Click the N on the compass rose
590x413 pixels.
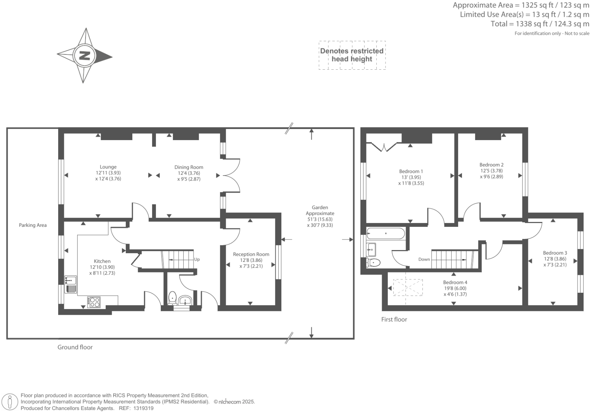point(84,56)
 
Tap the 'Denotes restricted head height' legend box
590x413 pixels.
point(352,55)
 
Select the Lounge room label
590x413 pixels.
point(108,167)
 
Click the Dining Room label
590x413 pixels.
point(189,167)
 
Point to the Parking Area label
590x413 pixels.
point(33,225)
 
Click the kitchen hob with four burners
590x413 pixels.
point(94,302)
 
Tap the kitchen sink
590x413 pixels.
point(71,281)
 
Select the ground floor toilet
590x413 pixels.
point(173,297)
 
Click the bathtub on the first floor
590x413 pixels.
point(385,233)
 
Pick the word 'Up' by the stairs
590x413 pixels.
point(197,260)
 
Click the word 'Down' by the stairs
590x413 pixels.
point(424,260)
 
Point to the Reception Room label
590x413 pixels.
point(251,254)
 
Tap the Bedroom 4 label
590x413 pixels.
point(455,282)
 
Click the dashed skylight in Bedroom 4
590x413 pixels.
point(408,287)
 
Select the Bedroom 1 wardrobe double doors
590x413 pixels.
point(384,147)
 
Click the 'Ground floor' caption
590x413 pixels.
point(75,347)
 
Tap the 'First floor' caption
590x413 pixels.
point(394,320)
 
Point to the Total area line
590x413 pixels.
point(540,24)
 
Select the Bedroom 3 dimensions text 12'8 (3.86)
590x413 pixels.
point(555,259)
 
